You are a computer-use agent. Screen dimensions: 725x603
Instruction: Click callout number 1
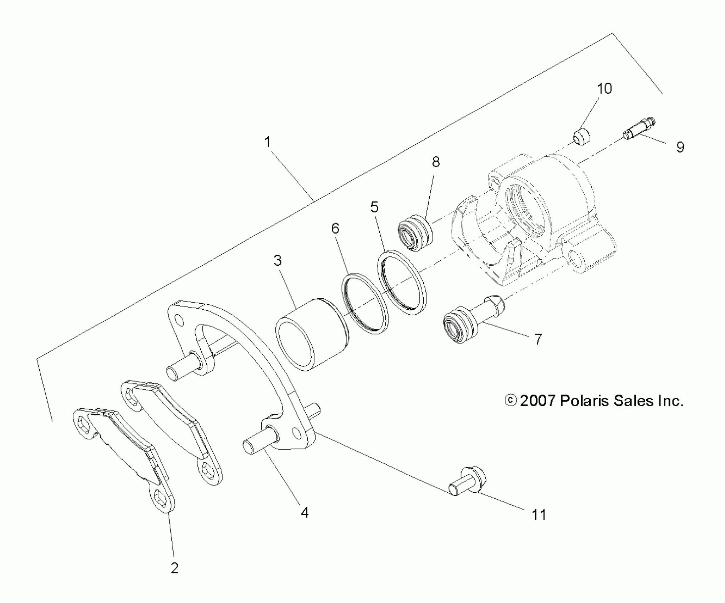267,143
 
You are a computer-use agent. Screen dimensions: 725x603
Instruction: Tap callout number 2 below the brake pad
174,568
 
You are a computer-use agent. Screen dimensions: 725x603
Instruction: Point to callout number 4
305,512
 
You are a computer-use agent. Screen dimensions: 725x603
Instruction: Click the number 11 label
539,525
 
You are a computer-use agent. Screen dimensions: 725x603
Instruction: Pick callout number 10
604,88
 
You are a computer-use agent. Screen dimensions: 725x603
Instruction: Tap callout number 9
680,147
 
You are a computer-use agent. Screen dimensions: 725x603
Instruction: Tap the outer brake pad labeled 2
124,450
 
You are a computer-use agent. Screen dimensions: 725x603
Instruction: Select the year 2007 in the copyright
537,401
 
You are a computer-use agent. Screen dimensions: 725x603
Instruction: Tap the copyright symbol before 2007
510,400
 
